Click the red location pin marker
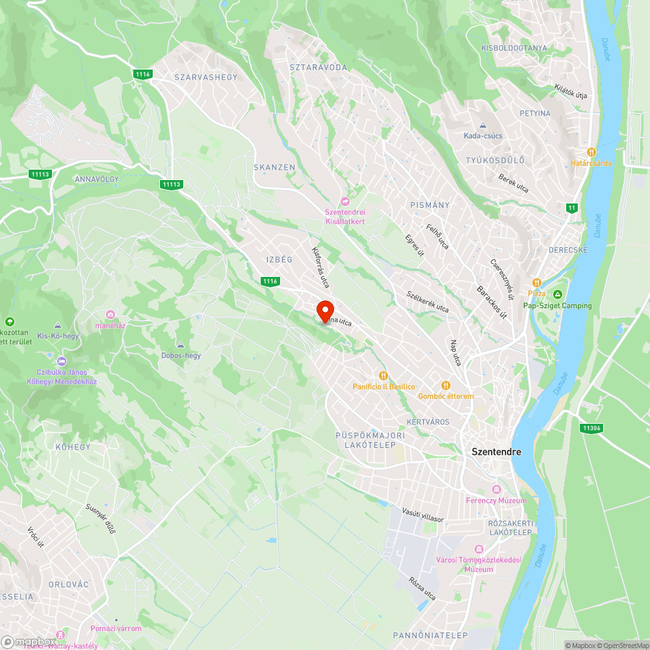(x=324, y=311)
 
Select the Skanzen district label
(x=274, y=167)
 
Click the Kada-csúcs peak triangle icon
(x=483, y=125)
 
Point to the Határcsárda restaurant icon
(x=591, y=152)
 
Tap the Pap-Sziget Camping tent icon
(x=558, y=294)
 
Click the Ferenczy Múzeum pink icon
(x=497, y=489)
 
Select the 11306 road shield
(x=591, y=428)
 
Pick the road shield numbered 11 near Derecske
(x=571, y=207)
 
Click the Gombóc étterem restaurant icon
(x=446, y=385)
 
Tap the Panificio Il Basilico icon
(x=383, y=375)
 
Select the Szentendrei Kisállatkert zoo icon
(x=345, y=201)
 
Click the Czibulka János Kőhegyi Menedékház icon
(x=62, y=361)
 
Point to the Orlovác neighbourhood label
(x=68, y=584)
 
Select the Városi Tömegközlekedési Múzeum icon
(x=479, y=549)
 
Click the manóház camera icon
(x=110, y=315)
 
